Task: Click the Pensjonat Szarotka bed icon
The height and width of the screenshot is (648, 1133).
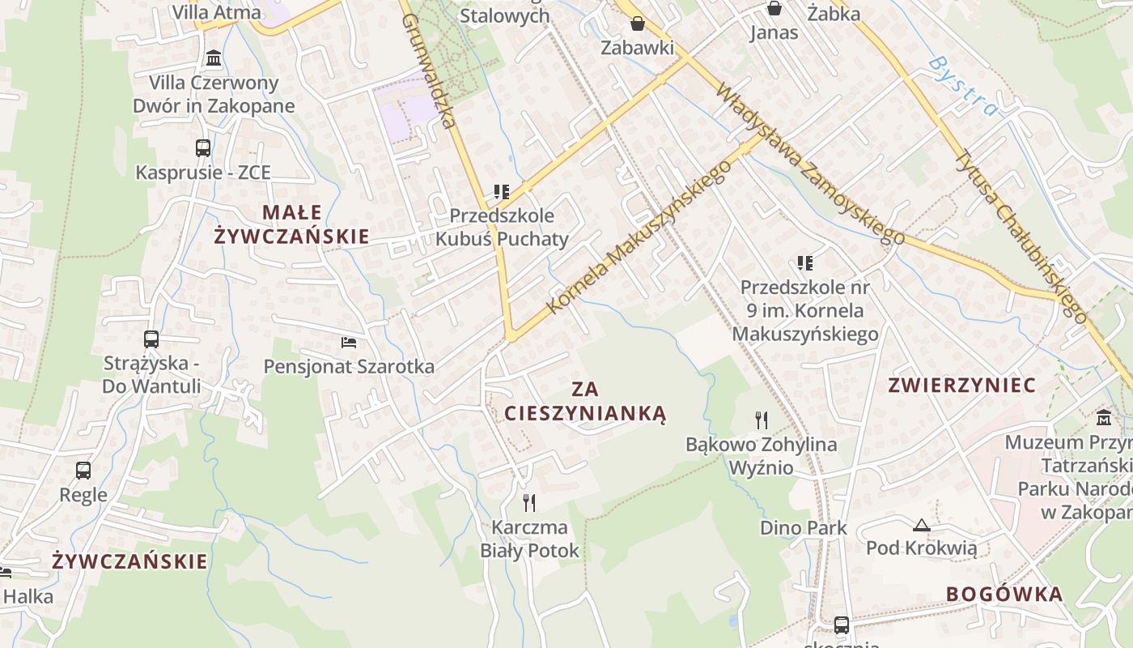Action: [349, 342]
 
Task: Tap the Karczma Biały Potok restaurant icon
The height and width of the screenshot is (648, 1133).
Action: [529, 503]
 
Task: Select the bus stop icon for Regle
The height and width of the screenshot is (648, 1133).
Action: [83, 470]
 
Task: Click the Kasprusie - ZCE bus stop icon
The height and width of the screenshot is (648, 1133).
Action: [203, 148]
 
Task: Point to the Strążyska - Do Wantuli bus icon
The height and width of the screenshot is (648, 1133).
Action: [151, 339]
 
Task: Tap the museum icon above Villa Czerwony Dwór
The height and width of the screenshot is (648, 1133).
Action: [214, 58]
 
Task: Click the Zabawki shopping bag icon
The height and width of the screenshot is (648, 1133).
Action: [637, 23]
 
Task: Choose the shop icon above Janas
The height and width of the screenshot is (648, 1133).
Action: [774, 8]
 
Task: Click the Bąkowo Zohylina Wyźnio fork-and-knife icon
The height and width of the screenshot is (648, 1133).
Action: [761, 420]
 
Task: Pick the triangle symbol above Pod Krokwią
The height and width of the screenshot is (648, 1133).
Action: [921, 525]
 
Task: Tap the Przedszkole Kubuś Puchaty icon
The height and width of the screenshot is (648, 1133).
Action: [502, 192]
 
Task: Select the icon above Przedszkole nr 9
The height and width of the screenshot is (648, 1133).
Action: [804, 262]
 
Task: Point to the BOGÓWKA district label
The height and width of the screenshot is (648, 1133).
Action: [1004, 594]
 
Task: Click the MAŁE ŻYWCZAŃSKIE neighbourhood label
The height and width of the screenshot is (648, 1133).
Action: [291, 224]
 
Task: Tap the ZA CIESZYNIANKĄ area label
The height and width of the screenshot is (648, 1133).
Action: [585, 401]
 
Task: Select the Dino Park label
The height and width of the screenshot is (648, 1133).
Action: [804, 528]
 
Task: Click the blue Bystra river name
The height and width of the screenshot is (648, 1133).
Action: [964, 86]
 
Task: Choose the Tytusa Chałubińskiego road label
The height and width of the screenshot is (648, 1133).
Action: [1021, 235]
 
